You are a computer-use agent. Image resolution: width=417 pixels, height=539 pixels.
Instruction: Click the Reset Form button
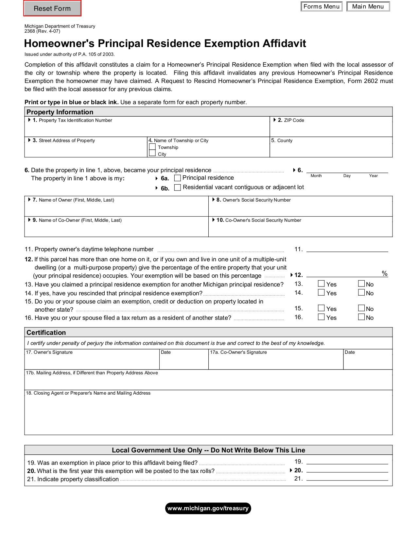point(52,8)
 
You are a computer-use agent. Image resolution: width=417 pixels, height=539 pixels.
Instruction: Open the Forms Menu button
point(321,7)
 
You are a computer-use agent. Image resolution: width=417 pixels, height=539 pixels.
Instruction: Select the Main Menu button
point(368,7)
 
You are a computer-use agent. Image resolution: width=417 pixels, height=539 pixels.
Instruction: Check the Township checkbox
point(152,147)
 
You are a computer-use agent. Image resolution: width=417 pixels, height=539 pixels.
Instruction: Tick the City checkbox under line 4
point(152,154)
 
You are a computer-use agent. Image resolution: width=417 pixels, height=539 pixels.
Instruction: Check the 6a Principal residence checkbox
point(178,178)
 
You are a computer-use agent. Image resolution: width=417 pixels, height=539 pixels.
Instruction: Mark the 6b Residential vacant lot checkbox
point(178,188)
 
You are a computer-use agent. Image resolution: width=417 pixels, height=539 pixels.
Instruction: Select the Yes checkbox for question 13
point(321,284)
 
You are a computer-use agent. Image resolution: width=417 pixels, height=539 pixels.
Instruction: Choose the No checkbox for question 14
point(361,292)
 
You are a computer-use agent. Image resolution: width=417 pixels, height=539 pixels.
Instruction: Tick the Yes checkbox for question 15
point(321,308)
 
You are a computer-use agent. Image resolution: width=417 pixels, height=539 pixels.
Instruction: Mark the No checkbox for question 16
point(361,317)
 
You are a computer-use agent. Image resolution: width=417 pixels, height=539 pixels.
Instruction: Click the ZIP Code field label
point(294,120)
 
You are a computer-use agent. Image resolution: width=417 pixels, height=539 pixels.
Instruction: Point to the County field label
point(285,140)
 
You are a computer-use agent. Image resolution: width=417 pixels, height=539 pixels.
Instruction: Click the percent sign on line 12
point(385,273)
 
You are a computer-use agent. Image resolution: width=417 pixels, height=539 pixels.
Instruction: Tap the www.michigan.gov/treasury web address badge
point(208,508)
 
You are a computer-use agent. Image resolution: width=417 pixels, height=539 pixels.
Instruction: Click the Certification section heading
point(46,333)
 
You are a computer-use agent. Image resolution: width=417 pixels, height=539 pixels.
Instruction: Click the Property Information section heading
point(60,112)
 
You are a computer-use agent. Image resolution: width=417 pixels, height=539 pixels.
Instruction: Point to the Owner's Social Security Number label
point(256,200)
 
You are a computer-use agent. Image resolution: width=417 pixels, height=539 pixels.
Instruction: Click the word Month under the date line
point(316,176)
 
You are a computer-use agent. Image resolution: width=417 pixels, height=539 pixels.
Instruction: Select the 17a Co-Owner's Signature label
point(243,352)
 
